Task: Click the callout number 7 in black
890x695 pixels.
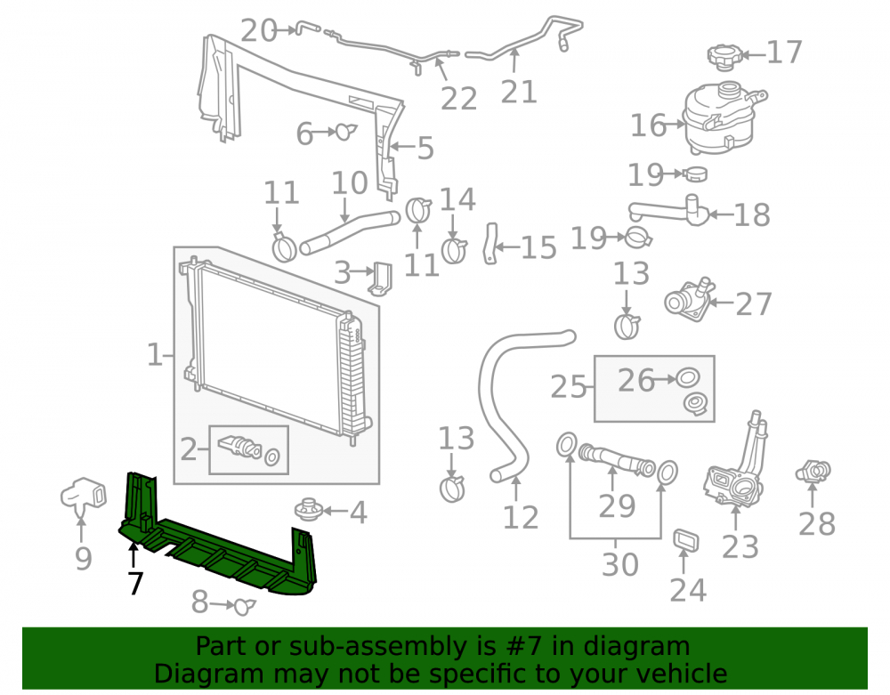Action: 135,583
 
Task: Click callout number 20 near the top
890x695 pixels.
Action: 258,30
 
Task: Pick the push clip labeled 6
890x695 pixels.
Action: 345,132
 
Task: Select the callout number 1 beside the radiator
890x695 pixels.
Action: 154,354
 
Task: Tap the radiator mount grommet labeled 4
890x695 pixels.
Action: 310,510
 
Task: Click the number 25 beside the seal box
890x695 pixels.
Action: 568,387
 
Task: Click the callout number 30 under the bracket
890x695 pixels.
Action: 620,564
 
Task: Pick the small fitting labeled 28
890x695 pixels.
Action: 813,472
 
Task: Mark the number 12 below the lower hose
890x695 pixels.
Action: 521,517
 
